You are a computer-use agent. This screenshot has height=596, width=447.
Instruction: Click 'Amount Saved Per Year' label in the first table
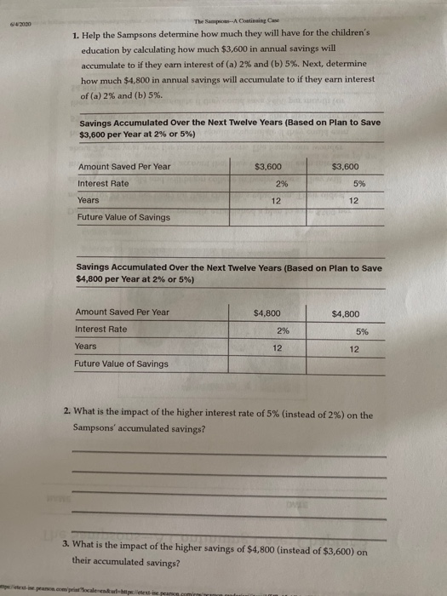click(123, 166)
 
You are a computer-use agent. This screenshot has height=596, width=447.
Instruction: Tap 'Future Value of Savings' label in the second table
click(122, 364)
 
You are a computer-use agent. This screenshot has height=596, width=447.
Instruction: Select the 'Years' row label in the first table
click(88, 200)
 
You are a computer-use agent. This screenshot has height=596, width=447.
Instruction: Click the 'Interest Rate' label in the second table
click(101, 330)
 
